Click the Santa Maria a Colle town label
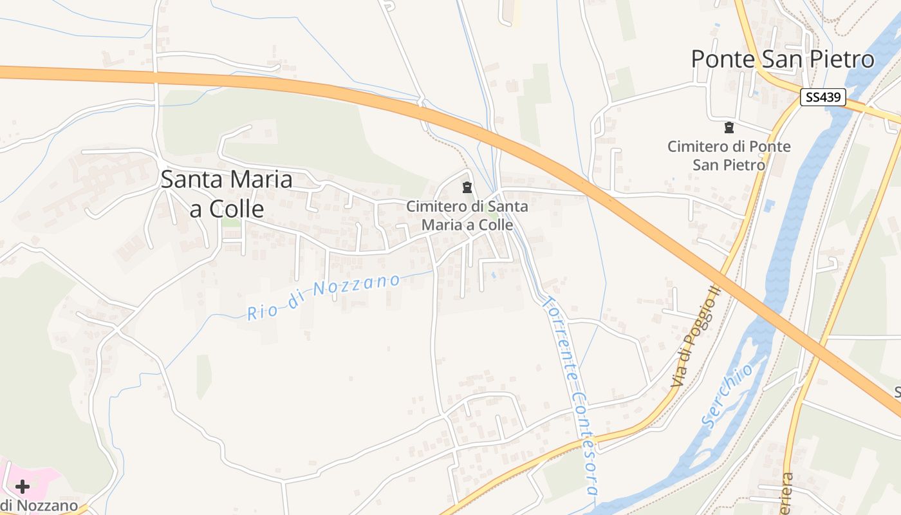coord(227,194)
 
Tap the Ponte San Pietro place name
coord(783,59)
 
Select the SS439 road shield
coord(823,98)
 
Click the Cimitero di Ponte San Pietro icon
coord(729,127)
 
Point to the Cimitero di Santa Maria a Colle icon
coord(467,188)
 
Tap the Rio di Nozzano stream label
coord(324,296)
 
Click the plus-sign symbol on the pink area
coord(23,486)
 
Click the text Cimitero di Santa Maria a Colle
coord(467,216)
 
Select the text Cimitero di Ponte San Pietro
coord(729,155)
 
